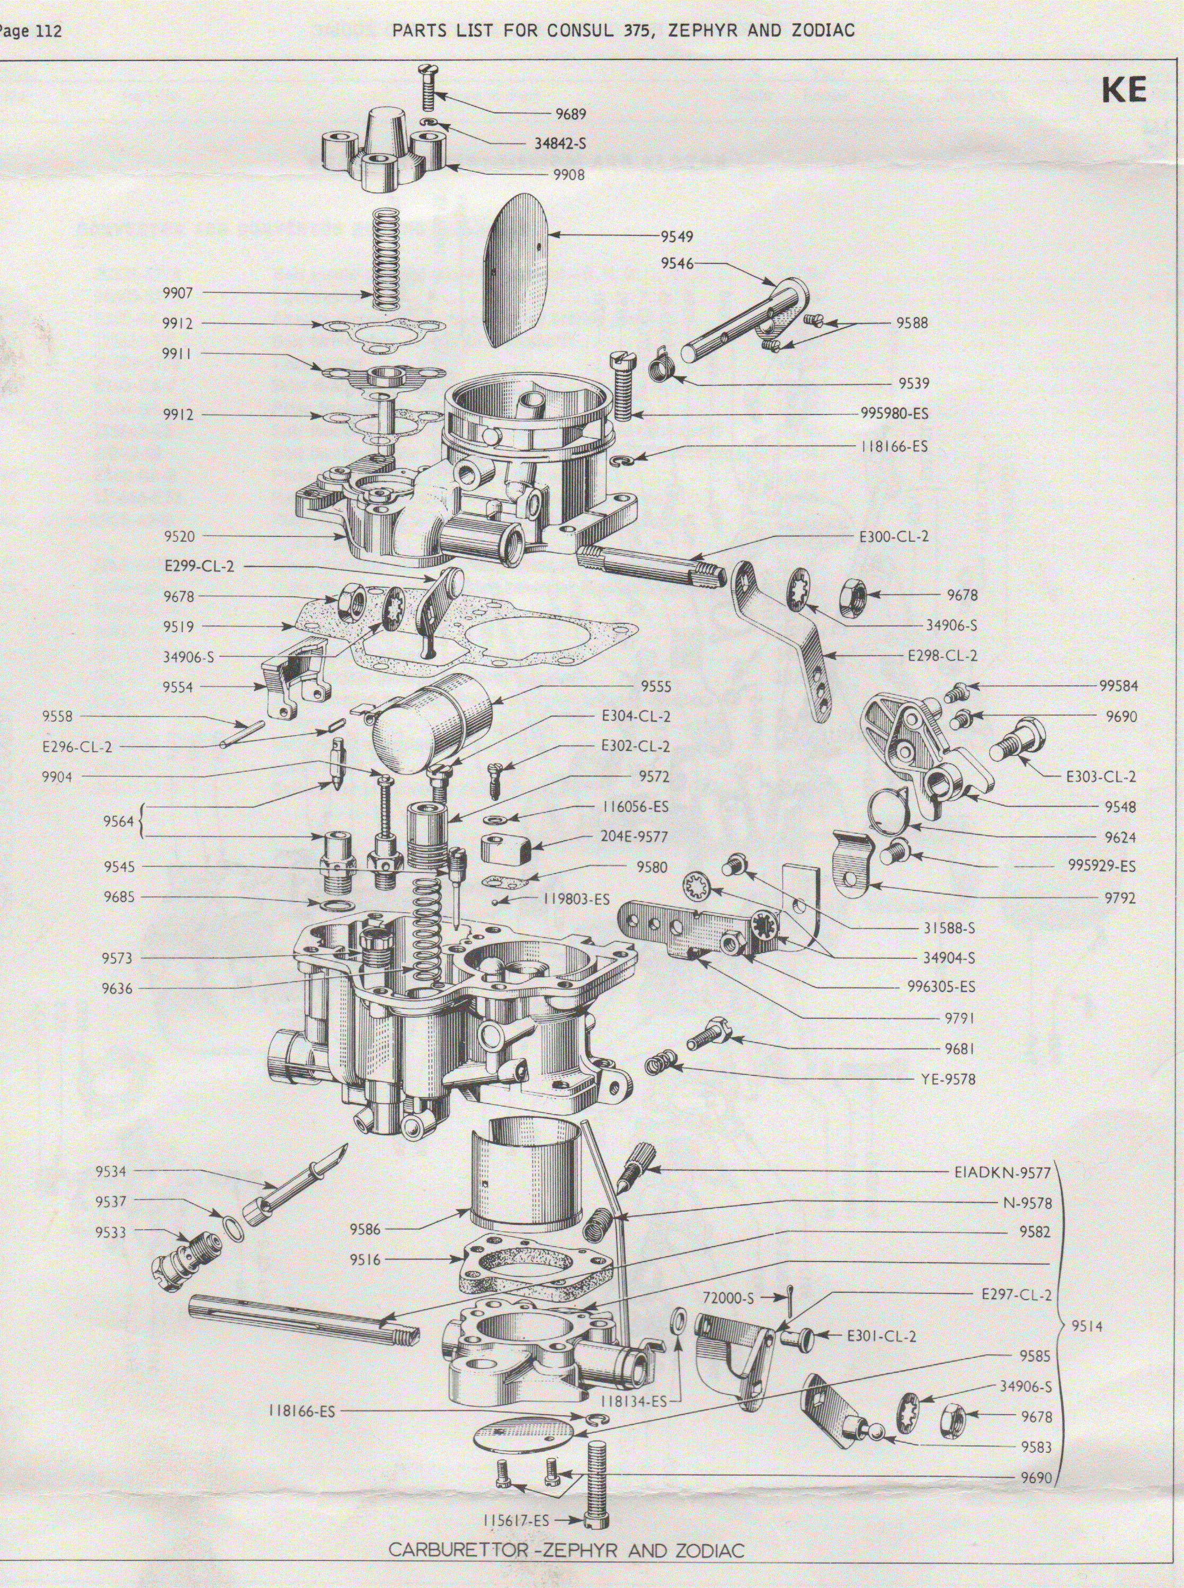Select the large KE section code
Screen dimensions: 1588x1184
[1124, 91]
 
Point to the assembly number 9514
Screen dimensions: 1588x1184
[1087, 1328]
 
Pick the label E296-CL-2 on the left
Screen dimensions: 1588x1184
[77, 747]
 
